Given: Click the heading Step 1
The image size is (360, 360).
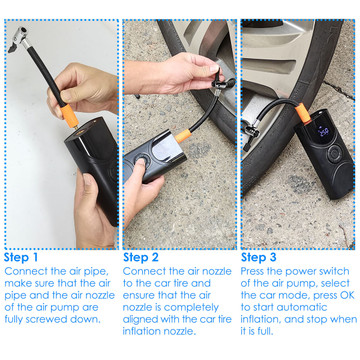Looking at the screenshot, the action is (x=21, y=257).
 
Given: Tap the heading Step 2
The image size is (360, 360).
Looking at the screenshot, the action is (x=141, y=257).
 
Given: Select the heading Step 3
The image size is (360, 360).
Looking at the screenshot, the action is (x=259, y=257).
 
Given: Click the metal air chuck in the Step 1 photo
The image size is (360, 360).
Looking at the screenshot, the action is (x=19, y=39).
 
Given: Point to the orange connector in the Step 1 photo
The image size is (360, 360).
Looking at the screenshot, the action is (x=69, y=116).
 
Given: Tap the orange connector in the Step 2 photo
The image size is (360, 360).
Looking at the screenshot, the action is (x=183, y=135).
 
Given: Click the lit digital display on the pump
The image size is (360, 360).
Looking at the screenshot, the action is (x=323, y=132).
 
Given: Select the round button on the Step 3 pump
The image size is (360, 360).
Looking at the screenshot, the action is (x=334, y=154).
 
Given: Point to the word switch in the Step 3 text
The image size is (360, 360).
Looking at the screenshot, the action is (x=333, y=271).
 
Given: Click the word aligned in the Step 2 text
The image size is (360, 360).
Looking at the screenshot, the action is (x=141, y=319).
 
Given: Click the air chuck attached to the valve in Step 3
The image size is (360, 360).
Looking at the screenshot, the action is (x=251, y=133).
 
